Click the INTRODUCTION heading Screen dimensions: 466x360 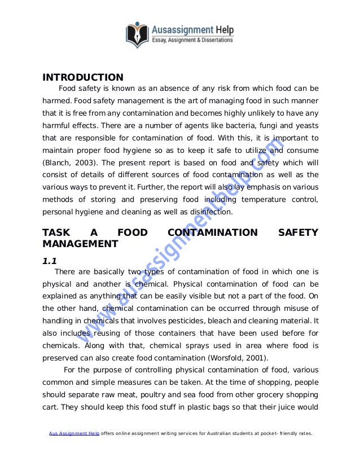coord(83,77)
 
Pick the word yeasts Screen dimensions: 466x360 coord(305,126)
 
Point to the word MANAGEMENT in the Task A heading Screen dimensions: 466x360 coord(81,244)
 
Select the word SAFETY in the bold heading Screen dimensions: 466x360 coord(299,232)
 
